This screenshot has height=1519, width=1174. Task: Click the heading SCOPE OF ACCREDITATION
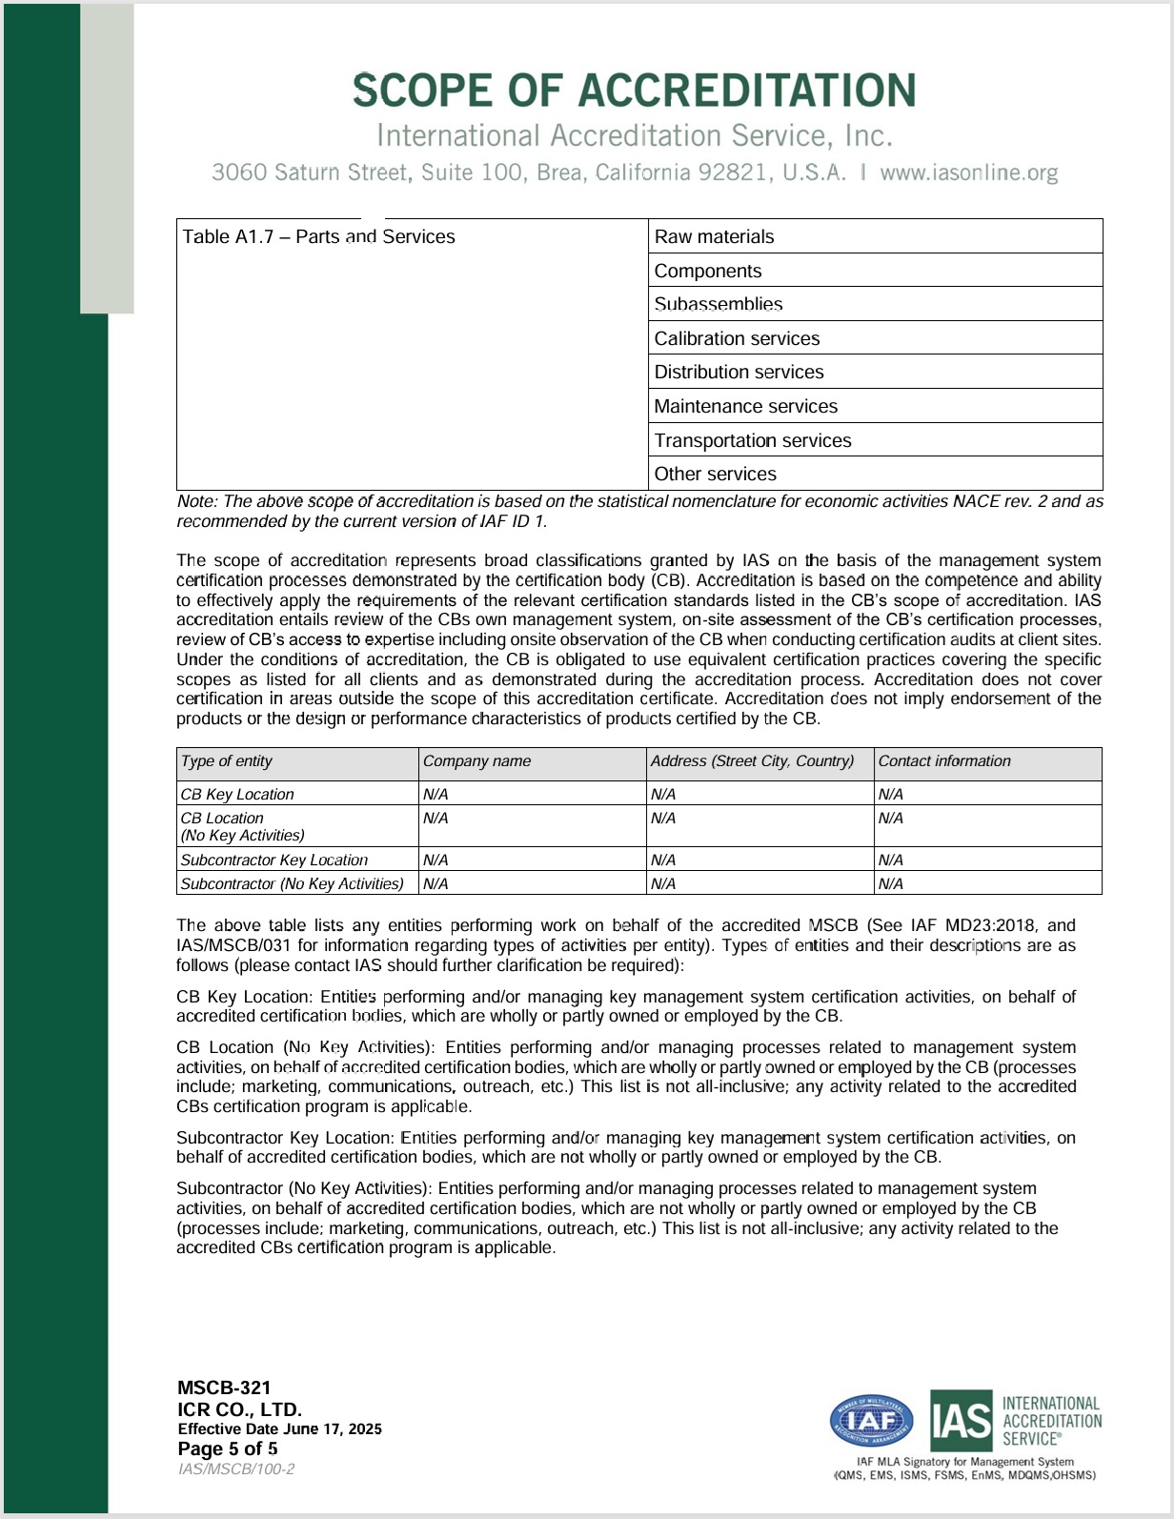tap(634, 91)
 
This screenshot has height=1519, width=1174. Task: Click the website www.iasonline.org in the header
tap(968, 172)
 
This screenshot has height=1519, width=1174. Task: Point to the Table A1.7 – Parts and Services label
tap(319, 237)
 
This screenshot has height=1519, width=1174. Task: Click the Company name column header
tap(476, 761)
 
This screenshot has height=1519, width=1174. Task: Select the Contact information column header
tap(944, 761)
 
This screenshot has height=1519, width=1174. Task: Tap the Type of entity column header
tap(227, 761)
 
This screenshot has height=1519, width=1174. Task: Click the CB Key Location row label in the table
tap(237, 795)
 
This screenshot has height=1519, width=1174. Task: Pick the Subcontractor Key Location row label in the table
tap(274, 861)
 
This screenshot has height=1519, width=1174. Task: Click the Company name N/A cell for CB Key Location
tap(435, 795)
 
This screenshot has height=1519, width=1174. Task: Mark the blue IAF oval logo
tap(872, 1421)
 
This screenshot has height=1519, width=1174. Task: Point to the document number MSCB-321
tap(224, 1388)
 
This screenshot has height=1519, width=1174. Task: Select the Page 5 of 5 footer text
tap(228, 1449)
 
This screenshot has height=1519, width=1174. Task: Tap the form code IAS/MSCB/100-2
tap(236, 1469)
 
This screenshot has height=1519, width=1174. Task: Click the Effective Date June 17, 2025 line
tap(279, 1429)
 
